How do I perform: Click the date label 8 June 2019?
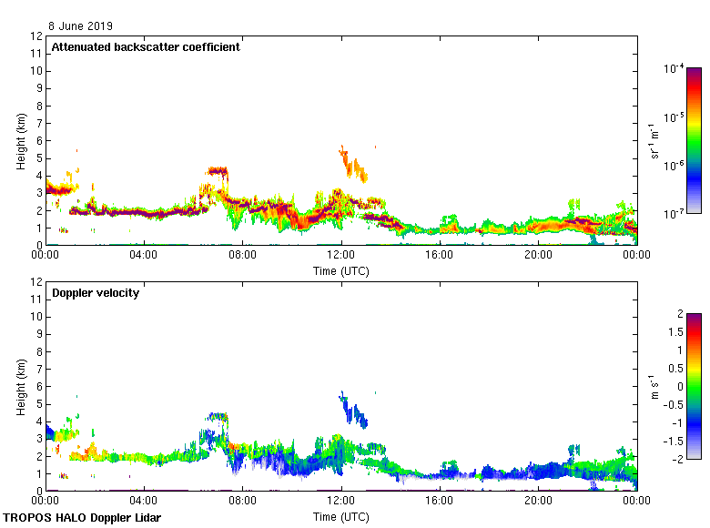tap(81, 26)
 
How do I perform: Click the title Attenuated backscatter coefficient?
tap(146, 47)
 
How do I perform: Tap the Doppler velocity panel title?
tap(96, 293)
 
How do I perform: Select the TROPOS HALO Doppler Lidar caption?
tap(82, 518)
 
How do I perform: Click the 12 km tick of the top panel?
tap(37, 36)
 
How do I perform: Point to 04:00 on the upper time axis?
tap(144, 256)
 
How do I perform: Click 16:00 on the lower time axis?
tap(440, 502)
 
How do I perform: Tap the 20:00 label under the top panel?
tap(538, 256)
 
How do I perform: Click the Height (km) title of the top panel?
tap(20, 141)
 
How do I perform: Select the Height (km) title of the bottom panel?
tap(20, 387)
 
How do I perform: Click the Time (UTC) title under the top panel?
tap(341, 270)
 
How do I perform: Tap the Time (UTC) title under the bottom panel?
tap(341, 516)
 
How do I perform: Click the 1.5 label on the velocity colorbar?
tap(675, 332)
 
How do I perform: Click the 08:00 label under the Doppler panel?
tap(242, 502)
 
